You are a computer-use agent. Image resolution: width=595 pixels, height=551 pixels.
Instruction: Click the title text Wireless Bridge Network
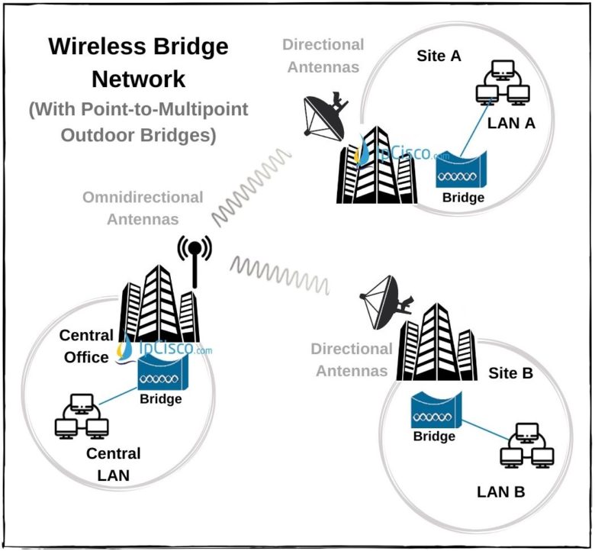tap(138, 62)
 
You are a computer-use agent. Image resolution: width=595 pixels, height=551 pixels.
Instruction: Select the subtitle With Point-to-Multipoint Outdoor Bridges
tap(138, 121)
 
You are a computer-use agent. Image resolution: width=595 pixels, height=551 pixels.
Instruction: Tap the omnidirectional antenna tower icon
tap(195, 259)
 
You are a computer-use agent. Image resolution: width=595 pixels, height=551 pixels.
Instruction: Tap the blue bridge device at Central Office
tap(160, 374)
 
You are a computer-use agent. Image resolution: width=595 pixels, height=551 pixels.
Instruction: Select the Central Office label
tap(85, 346)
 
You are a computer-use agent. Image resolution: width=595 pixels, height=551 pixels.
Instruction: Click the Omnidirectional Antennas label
tap(143, 208)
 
